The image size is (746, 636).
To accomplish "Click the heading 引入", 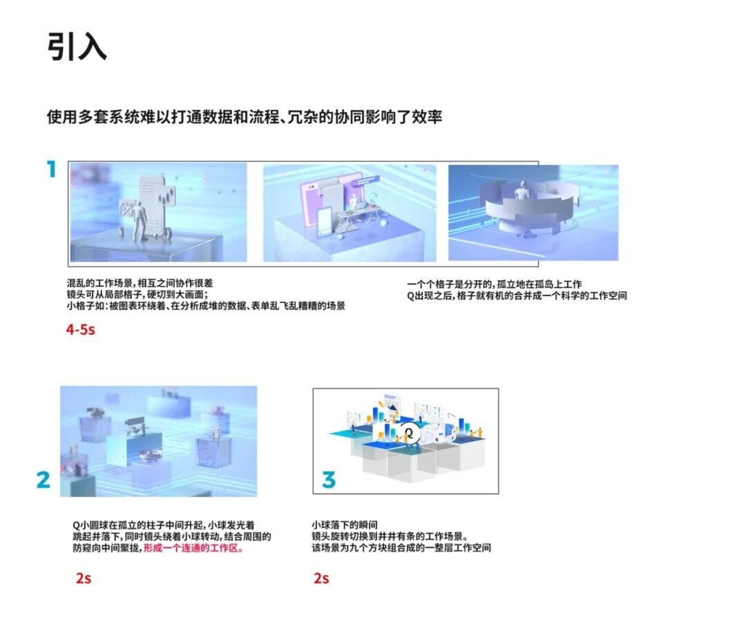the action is tap(77, 46).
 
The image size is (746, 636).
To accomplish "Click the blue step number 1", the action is tap(52, 169).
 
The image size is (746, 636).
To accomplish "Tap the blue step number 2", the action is tap(44, 479).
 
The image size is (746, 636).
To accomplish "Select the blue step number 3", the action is tap(328, 479).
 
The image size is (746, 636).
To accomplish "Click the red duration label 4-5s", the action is tap(80, 330).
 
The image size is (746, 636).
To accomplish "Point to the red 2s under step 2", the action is tap(84, 578).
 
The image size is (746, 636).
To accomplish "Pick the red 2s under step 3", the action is tap(321, 578).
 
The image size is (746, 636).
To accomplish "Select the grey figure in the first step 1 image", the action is tap(138, 221).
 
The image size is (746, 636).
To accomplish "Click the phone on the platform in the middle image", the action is tap(325, 221).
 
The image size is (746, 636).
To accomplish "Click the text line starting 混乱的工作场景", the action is tap(140, 283).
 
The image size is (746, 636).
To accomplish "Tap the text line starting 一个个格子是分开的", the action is tap(495, 284).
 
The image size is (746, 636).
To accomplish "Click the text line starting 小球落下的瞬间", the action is tap(345, 525).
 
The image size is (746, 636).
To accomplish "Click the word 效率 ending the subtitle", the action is tap(427, 117).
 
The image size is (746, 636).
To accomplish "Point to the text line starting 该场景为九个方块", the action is tap(401, 548).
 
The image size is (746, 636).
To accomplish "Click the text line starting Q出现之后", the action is tap(517, 296).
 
